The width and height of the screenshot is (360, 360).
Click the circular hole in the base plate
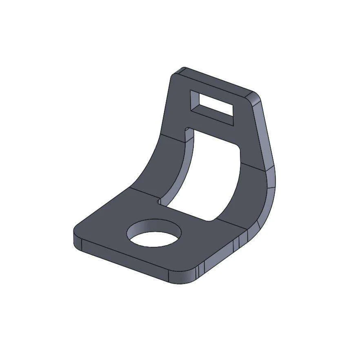154,234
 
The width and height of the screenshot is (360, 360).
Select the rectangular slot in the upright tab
213,107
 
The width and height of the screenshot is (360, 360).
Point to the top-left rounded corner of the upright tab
176,73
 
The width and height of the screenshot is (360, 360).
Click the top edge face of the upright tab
216,82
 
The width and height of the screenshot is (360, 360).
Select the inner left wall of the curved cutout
180,171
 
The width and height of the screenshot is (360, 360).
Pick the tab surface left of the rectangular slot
178,102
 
